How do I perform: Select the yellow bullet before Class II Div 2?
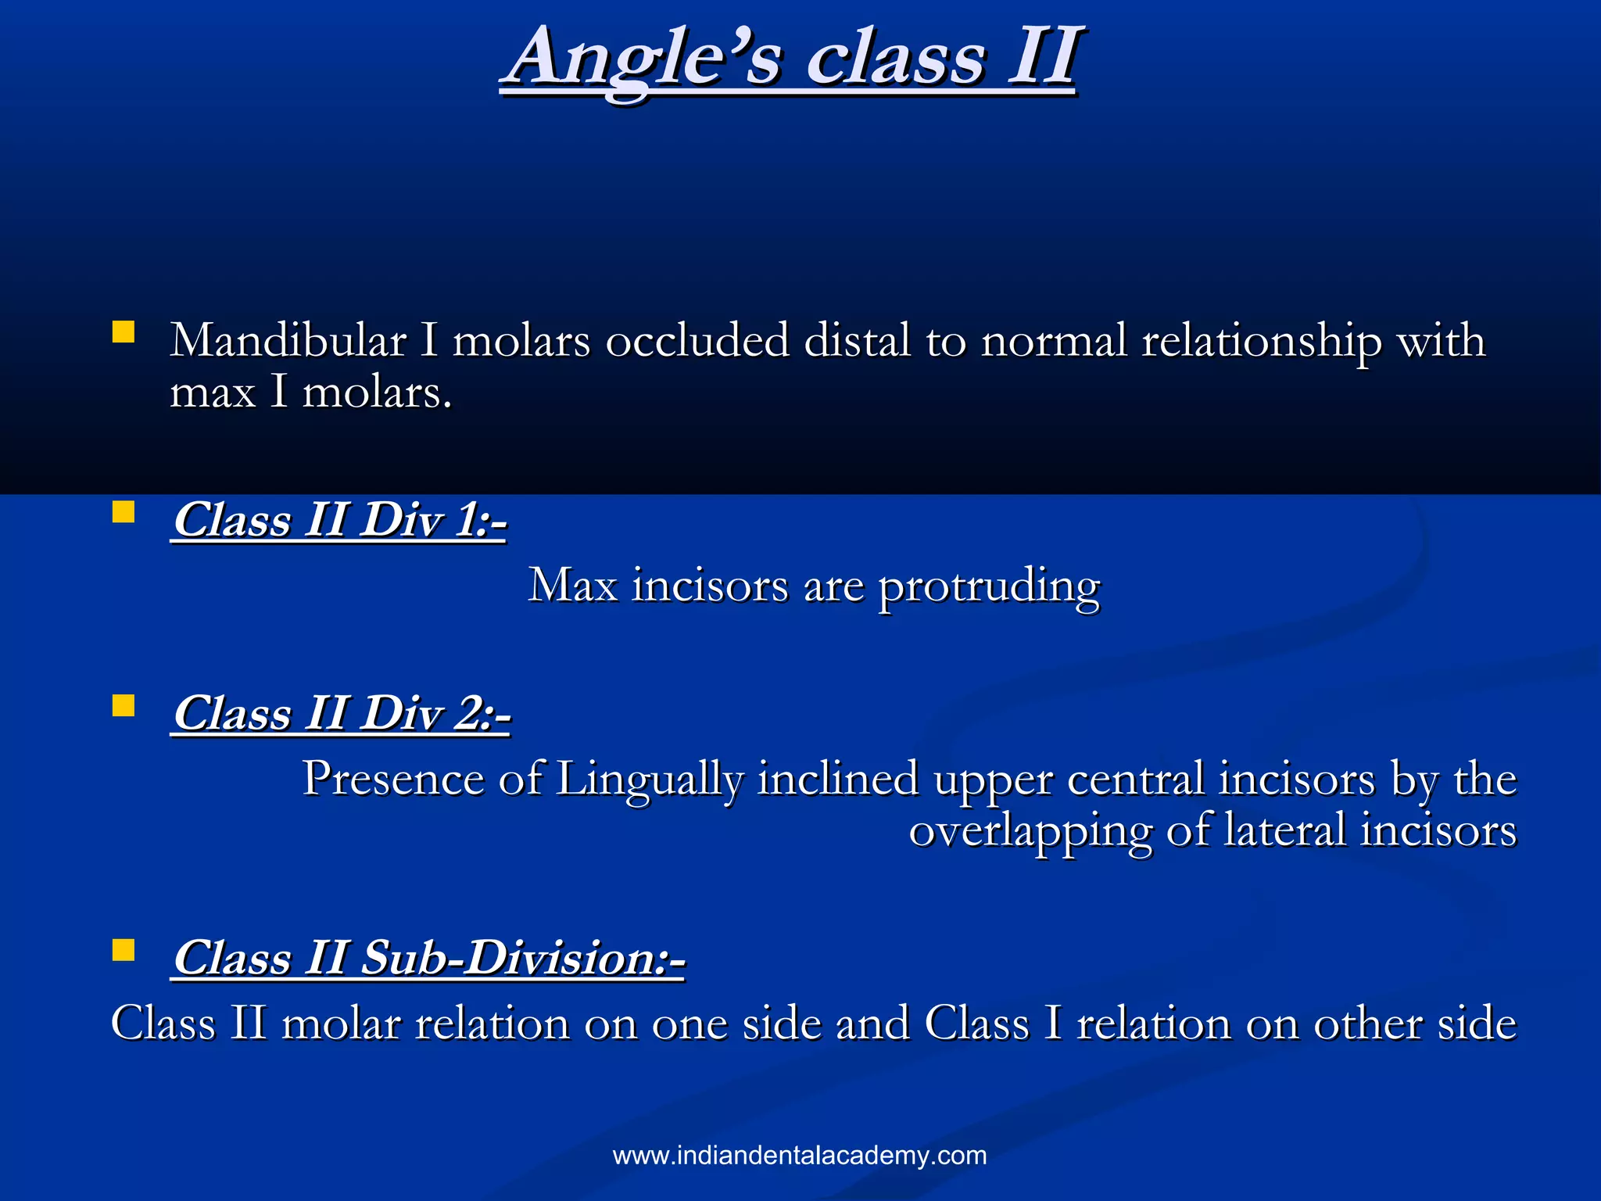[124, 706]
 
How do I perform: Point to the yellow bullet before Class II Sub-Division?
[124, 950]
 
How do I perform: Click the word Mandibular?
[288, 341]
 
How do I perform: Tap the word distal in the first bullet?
[857, 341]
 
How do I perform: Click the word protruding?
[989, 586]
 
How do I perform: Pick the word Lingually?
[649, 780]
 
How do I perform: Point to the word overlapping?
[1030, 831]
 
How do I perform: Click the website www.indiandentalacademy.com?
[800, 1155]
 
